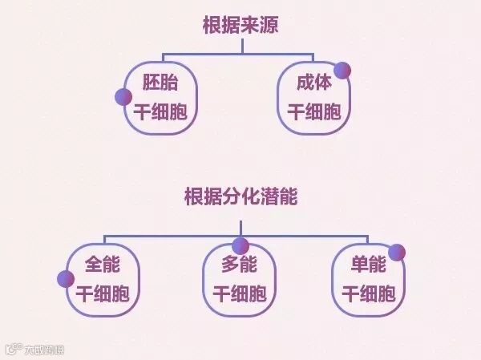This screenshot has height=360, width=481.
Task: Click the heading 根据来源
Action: tap(240, 25)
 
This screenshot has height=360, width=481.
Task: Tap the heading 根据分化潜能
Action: tap(240, 196)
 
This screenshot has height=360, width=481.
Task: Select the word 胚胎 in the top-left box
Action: tap(161, 83)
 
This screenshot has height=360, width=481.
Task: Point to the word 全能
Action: tap(102, 265)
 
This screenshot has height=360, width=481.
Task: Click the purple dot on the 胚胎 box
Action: tap(123, 98)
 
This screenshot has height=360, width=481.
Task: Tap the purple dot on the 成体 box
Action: tap(342, 70)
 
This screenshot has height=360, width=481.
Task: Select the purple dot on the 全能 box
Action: tap(66, 278)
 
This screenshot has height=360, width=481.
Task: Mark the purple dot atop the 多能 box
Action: tap(240, 245)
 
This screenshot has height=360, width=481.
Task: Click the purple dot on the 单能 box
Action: tap(397, 252)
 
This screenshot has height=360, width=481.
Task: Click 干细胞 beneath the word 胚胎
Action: tap(160, 111)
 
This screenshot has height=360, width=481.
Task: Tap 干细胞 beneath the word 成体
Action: tap(313, 111)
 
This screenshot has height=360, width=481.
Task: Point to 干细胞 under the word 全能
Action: tap(102, 293)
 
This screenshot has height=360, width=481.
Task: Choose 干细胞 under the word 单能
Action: tap(369, 293)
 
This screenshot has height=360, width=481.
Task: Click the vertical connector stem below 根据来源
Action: tap(240, 47)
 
